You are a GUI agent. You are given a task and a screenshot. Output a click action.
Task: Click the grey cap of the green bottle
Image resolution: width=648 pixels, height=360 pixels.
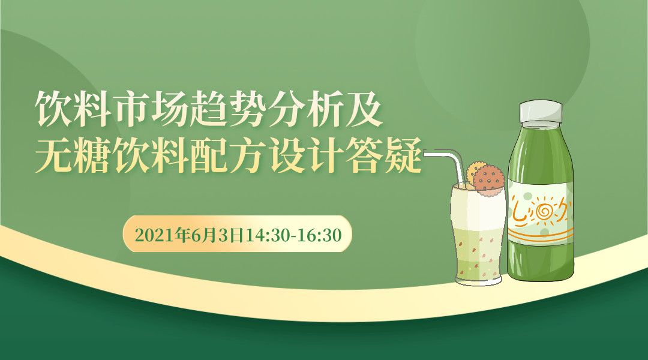coord(541,111)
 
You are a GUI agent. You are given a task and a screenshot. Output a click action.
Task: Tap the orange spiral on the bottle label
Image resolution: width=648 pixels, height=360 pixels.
coord(544,211)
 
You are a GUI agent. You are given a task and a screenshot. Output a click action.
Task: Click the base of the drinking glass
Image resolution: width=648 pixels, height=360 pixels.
coord(479,280)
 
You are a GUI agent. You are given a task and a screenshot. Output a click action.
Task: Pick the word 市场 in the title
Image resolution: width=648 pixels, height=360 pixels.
coord(151,109)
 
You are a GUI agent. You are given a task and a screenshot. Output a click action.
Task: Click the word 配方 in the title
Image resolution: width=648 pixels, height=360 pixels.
coord(229,155)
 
